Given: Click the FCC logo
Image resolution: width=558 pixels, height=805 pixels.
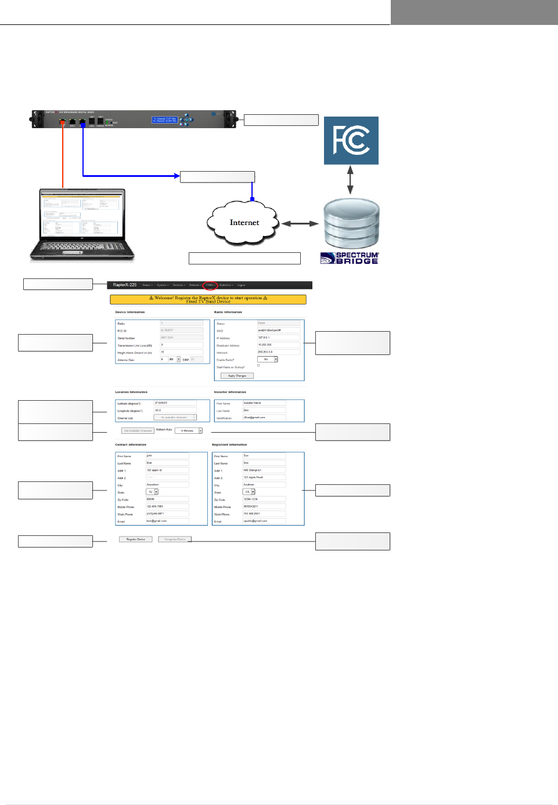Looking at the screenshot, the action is [351, 140].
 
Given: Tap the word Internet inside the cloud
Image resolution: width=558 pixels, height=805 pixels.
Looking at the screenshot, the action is [244, 223].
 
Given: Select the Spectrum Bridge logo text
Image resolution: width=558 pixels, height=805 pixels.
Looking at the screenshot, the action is [350, 258].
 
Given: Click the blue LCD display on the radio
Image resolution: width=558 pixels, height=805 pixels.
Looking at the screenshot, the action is [164, 119].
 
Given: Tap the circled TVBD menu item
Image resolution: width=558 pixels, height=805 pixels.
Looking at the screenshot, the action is [210, 285].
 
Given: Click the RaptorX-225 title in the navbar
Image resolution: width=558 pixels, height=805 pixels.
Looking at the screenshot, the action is [125, 285].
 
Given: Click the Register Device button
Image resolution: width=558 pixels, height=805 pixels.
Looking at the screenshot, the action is [136, 539].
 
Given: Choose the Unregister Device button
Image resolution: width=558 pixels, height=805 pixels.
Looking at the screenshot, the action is [175, 539].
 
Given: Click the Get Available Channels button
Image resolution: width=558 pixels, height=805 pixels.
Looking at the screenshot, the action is [138, 430].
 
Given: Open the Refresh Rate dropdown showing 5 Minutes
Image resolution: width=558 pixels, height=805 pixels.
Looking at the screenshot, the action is [189, 430].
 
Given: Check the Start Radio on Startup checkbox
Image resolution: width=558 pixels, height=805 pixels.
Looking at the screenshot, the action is [258, 366].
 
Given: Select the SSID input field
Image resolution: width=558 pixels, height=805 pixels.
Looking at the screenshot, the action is [279, 331].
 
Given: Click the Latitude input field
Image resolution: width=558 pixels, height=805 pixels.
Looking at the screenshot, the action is [175, 403].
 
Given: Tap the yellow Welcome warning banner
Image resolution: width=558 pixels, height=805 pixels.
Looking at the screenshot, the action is [208, 299].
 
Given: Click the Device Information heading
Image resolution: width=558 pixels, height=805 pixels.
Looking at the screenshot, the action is [130, 312].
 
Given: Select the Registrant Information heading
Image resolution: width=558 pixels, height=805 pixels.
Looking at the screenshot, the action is [229, 445].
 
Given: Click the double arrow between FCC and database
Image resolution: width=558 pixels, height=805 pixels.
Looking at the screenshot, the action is [350, 180].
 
